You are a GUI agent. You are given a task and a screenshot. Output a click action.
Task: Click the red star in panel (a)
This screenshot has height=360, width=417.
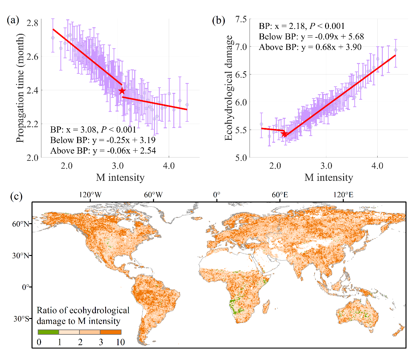(122, 91)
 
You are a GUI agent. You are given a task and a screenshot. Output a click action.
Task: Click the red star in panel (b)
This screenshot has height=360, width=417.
(284, 134)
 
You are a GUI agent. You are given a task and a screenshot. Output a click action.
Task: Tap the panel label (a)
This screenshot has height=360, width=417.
(13, 20)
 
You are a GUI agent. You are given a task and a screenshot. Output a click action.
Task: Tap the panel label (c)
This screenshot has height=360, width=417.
(16, 197)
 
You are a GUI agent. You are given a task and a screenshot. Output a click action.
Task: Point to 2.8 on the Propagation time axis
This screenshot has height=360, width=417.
(33, 23)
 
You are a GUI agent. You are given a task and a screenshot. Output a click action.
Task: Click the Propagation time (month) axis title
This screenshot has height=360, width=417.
(20, 88)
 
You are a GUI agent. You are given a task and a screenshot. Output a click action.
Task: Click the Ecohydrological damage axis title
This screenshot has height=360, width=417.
(229, 88)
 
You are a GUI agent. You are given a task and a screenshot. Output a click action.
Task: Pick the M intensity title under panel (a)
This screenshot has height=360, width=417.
(120, 178)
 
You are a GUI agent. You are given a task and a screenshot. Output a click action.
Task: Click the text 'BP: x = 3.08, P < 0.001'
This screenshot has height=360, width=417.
(93, 130)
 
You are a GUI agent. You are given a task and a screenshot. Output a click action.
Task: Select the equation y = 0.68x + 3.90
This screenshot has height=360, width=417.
(332, 47)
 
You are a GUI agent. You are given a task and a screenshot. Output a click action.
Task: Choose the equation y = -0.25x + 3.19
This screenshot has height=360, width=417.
(124, 140)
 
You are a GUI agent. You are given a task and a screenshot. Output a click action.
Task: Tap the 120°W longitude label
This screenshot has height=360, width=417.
(90, 195)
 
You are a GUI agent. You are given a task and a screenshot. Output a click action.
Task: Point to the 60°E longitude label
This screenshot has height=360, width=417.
(280, 195)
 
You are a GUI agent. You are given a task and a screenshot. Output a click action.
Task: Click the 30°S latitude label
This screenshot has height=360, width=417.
(21, 319)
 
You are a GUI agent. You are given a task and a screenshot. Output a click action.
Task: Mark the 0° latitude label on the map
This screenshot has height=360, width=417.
(26, 287)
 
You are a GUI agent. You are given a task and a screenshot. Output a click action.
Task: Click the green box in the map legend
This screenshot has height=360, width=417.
(48, 332)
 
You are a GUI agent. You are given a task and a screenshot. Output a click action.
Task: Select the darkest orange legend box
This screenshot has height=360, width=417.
(111, 332)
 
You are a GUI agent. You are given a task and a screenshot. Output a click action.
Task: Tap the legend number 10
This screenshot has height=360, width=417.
(121, 342)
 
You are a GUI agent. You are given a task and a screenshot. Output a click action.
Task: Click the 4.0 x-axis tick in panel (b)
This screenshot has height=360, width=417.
(377, 166)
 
